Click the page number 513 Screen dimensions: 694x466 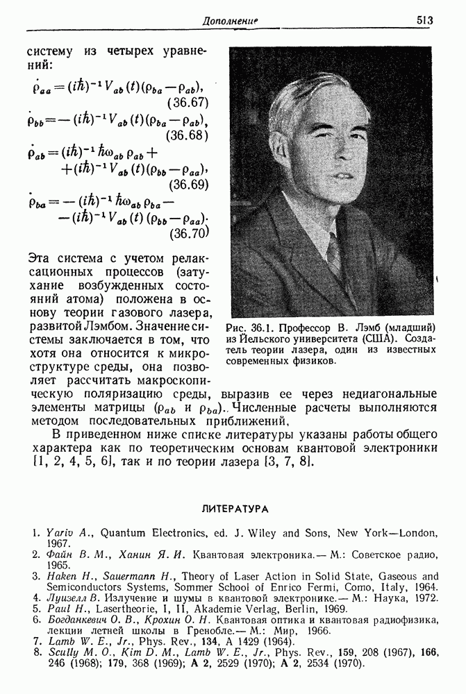tap(425, 22)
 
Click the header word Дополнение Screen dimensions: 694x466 tap(230, 22)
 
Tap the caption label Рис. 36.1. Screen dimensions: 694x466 tap(253, 326)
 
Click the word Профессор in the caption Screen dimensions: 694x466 tap(310, 326)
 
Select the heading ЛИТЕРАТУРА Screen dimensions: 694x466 tap(233, 509)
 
